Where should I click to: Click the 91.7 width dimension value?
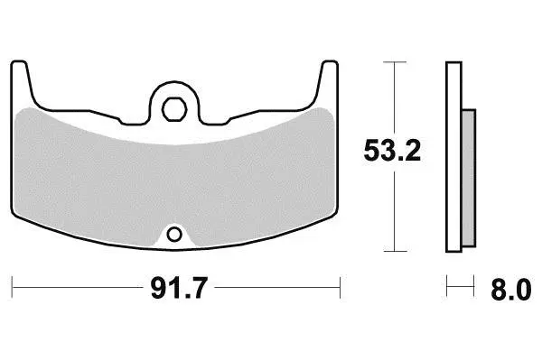[179, 288]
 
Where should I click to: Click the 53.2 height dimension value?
[392, 151]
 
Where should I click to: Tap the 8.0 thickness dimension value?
[511, 290]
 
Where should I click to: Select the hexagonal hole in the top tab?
[174, 109]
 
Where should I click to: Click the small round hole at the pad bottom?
[174, 235]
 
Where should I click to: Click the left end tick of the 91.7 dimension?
[12, 287]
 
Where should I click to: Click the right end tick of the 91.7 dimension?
[341, 287]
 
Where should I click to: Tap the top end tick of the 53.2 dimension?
[395, 62]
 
